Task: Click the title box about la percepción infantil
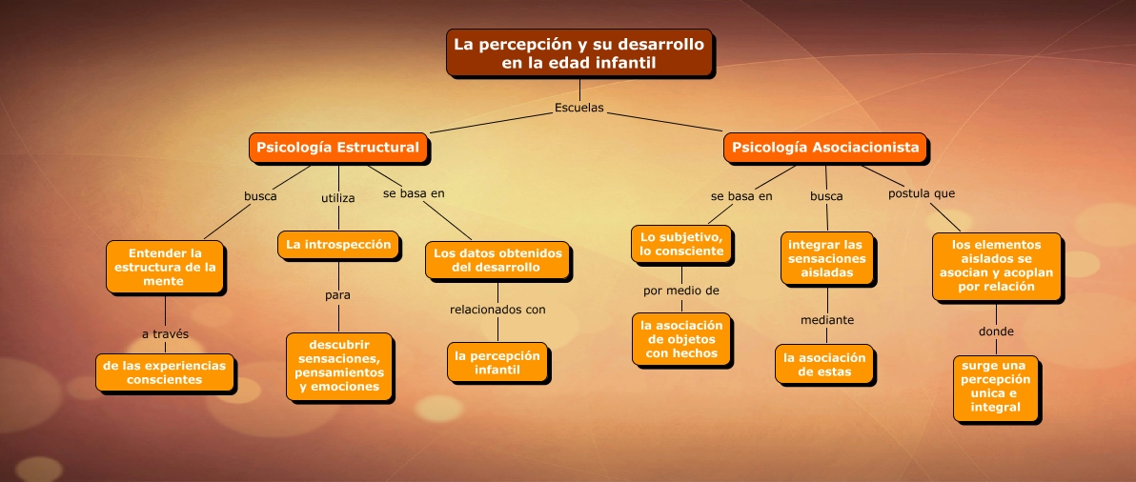(x=579, y=52)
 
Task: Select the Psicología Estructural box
(x=337, y=148)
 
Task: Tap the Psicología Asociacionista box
(x=825, y=148)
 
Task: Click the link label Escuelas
(x=578, y=108)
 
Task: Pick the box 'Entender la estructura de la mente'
(x=165, y=267)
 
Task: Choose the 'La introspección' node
(x=338, y=245)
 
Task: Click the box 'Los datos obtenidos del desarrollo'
(x=497, y=261)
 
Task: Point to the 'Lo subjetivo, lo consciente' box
(x=681, y=245)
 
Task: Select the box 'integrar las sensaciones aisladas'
(x=826, y=258)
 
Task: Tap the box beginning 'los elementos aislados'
(x=996, y=267)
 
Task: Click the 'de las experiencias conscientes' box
(x=165, y=372)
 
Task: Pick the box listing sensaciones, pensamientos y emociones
(x=339, y=366)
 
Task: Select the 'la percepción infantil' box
(x=497, y=363)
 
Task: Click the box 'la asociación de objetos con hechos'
(x=681, y=339)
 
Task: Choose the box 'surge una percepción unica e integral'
(x=996, y=389)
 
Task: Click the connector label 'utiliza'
(x=337, y=197)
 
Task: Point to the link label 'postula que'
(x=922, y=194)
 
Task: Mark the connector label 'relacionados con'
(x=497, y=310)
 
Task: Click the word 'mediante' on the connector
(x=827, y=320)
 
